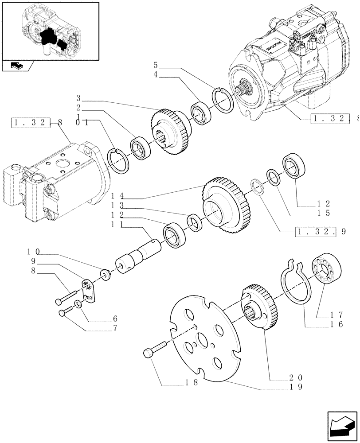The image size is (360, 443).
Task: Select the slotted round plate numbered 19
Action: (204, 337)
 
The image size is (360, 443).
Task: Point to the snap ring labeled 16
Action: (295, 284)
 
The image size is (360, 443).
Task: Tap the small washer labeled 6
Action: (78, 304)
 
